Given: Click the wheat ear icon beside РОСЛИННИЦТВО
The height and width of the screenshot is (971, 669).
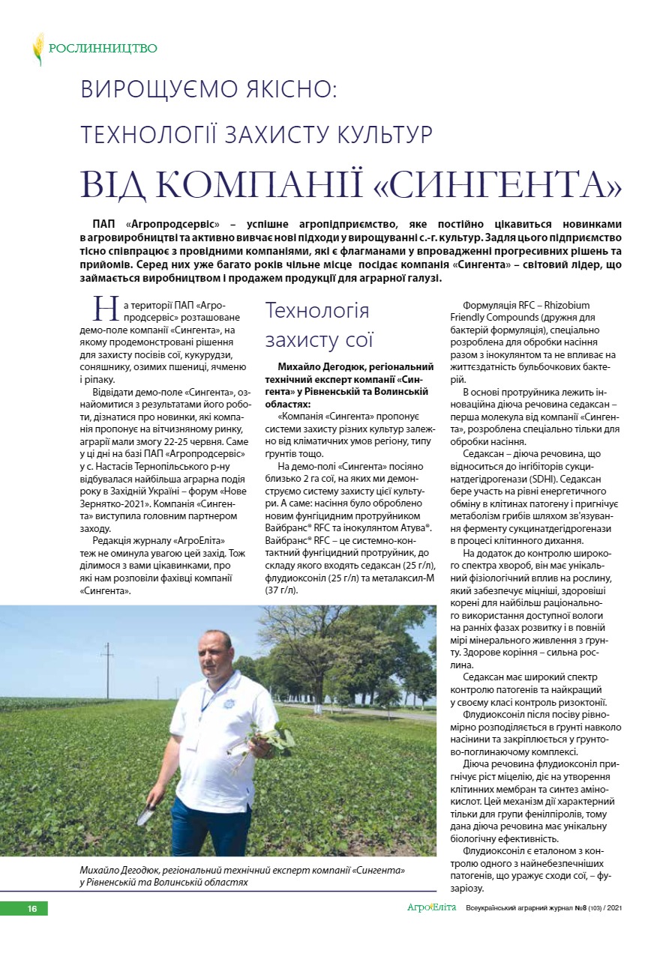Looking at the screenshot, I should click(x=37, y=49).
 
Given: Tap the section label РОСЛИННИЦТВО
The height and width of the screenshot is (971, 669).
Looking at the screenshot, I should click(x=103, y=49).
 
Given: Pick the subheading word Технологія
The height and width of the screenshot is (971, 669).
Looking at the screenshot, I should click(x=317, y=311).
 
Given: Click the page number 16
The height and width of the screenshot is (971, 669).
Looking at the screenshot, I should click(x=32, y=909).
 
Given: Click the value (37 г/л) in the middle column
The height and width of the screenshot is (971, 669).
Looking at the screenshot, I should click(x=282, y=590).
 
